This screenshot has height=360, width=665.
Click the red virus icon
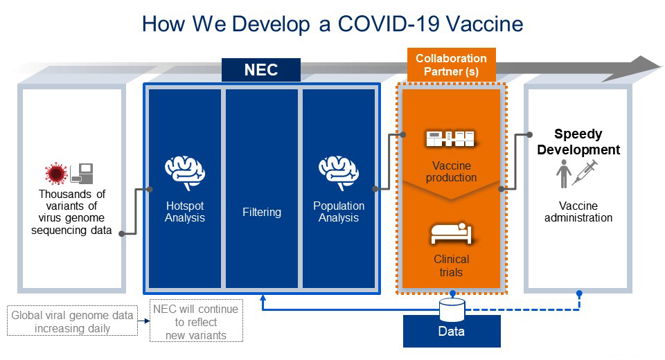tap(56, 174)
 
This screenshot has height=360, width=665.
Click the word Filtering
tap(262, 212)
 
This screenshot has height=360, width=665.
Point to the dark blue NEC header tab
tap(261, 70)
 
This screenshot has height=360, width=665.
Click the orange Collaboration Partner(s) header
tap(451, 65)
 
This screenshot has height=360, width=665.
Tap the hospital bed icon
tap(451, 233)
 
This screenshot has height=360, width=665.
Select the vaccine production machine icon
tap(450, 138)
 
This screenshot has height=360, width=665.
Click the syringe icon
tap(585, 172)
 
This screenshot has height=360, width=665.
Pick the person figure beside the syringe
tap(564, 174)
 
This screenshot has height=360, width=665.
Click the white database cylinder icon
tap(452, 310)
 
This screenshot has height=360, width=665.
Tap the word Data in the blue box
tap(451, 331)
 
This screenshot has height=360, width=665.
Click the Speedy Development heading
tap(578, 142)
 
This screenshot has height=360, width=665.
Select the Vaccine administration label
tap(578, 212)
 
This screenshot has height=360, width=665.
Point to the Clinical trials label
tap(451, 265)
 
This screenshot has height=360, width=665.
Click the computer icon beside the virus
tap(82, 174)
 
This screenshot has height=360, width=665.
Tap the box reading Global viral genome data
tap(73, 321)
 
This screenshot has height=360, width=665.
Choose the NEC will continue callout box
tap(196, 321)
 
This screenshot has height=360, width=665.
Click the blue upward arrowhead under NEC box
tap(263, 298)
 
